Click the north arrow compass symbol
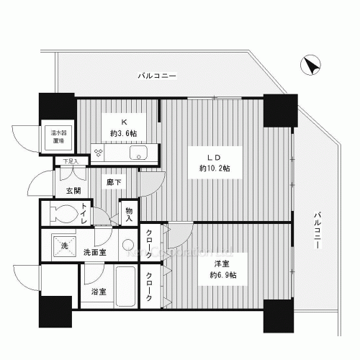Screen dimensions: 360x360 [311, 66]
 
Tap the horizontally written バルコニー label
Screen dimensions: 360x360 [157, 75]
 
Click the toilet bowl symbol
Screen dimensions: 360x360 [63, 214]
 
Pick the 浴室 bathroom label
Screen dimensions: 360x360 [98, 292]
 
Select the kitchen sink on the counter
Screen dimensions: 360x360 [139, 153]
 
